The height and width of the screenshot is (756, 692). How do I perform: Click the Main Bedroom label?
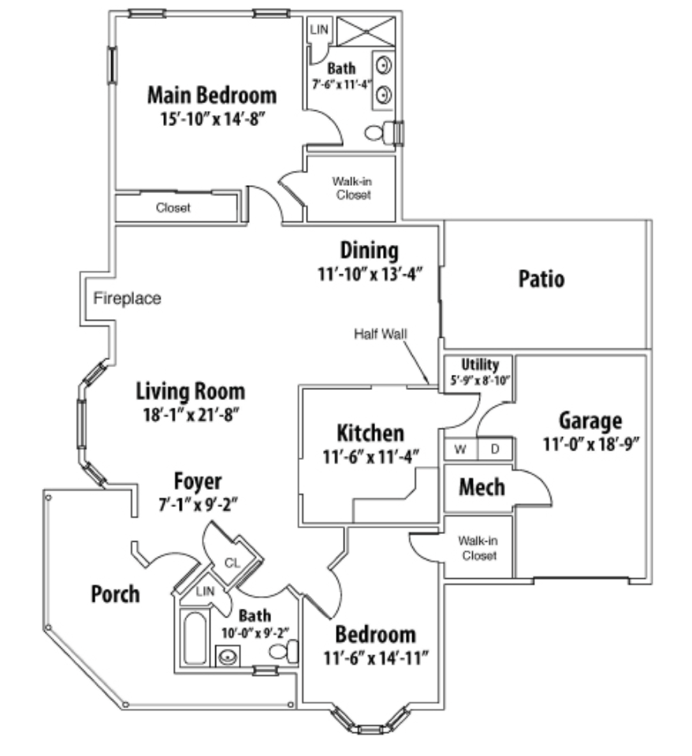click(212, 96)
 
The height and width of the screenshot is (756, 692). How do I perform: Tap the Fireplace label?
click(127, 298)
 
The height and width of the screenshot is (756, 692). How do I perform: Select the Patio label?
click(541, 279)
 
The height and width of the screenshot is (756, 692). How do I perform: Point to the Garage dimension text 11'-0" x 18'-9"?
click(590, 443)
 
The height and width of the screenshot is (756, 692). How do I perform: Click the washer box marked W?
click(460, 449)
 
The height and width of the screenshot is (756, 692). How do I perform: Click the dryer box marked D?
click(496, 449)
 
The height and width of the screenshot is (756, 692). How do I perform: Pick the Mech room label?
click(482, 487)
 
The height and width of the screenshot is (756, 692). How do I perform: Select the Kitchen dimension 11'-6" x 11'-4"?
click(370, 454)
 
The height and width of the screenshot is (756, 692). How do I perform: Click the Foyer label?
click(198, 481)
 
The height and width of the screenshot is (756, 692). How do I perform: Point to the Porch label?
click(115, 594)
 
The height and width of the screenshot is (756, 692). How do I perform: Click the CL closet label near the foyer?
click(232, 562)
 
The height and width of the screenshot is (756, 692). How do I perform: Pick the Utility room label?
click(480, 365)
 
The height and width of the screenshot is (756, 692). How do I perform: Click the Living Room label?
click(190, 391)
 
